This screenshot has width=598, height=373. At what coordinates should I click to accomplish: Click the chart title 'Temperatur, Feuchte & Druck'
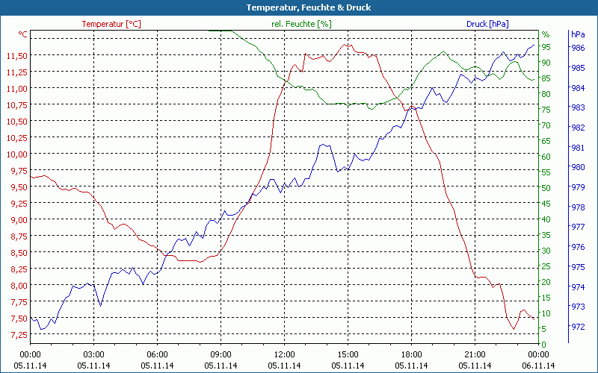click(299, 7)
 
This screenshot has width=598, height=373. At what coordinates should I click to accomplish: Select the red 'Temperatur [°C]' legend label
click(111, 24)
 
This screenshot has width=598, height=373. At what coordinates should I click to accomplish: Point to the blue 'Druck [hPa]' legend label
click(487, 24)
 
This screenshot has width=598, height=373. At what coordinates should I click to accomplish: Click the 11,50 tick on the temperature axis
click(16, 56)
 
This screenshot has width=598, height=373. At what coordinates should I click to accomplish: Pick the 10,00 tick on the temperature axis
click(16, 154)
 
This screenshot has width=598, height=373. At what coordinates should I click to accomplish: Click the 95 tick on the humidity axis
click(546, 47)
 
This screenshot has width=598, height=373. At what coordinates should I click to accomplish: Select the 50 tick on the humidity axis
click(546, 188)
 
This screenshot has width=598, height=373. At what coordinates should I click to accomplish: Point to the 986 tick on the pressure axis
click(578, 48)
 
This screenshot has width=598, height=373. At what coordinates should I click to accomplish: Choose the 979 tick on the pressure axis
click(578, 187)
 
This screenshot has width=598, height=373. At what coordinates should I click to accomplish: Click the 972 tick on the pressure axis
click(578, 327)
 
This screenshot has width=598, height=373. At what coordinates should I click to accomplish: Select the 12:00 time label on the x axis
click(284, 354)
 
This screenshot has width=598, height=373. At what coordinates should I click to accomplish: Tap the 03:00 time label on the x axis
click(93, 354)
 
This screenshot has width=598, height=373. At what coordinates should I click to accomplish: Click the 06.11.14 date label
click(539, 366)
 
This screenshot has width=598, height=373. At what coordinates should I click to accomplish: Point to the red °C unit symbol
click(22, 34)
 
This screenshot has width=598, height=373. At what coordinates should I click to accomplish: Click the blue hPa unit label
click(578, 34)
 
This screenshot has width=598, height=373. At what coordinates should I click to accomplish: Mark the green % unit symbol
click(546, 34)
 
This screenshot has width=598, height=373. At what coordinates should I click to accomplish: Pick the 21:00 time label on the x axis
click(475, 354)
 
